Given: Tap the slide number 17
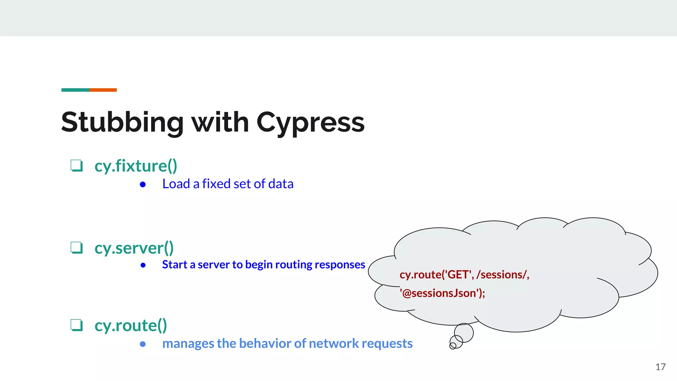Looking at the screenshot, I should coord(660,367).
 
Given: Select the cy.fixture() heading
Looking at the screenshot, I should coord(136,166).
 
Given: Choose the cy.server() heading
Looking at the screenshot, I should coord(134,248).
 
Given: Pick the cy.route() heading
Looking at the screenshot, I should coord(131,325).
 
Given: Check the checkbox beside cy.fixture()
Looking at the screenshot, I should coord(76,165).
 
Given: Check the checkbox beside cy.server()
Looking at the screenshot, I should coord(76,247).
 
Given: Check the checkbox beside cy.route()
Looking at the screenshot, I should coord(76,325).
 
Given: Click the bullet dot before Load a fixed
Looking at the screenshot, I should coord(143,185).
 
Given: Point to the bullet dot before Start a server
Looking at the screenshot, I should coord(143,265).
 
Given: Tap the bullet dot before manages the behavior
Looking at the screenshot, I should coord(143,344).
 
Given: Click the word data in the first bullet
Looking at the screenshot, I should coord(281,184).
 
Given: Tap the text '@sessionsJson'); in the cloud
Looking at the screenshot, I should coord(442,293).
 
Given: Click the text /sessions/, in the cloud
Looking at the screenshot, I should coord(502,275).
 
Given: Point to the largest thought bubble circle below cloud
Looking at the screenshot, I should coord(463,333).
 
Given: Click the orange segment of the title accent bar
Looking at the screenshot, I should coord(103,90).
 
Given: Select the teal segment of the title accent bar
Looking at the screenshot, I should coord(75,90).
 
